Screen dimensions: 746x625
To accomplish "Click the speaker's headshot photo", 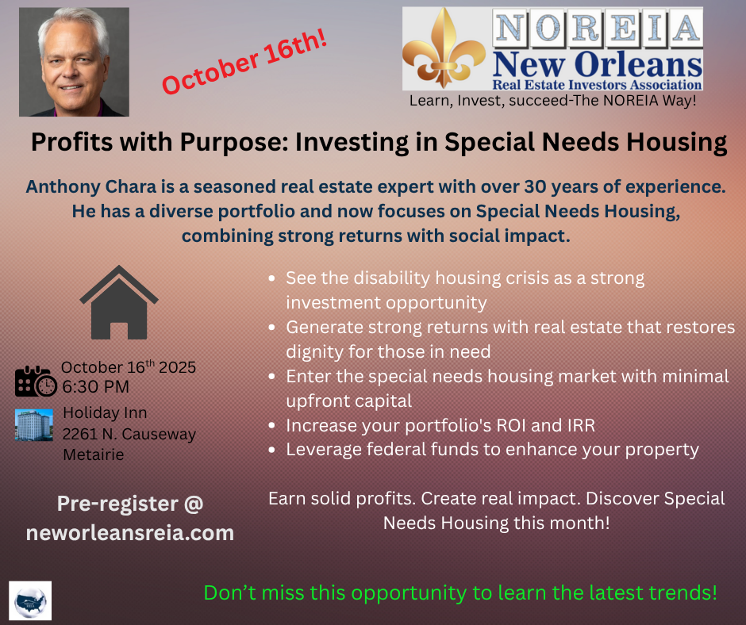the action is pos(75,62).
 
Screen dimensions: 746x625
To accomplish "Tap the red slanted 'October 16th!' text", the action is pos(244,62).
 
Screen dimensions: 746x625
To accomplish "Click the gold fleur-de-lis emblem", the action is pos(444,48).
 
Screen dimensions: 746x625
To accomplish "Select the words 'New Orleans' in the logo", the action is pos(597,64).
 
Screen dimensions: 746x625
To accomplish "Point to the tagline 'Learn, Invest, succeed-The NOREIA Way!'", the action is pos(553,101).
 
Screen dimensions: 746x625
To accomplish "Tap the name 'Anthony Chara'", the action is pos(91,186).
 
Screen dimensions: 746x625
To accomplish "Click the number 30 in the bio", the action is pos(535,186).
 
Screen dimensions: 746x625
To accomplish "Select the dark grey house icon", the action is pos(119,302).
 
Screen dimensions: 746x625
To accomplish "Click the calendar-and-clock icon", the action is pos(36,381).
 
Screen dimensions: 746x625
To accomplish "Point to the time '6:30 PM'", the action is pos(95,387).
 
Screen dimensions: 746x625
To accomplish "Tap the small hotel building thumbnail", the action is pos(34,425).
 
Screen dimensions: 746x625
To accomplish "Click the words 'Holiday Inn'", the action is pos(105,413).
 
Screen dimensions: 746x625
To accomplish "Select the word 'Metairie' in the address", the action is pos(94,454).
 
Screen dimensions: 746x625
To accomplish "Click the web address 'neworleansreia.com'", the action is pos(130,533).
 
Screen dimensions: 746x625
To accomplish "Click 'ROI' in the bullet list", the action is pos(511,426).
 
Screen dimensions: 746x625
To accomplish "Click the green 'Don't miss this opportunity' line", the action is pos(460,592).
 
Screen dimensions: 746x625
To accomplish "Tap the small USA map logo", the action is pos(30,600).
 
